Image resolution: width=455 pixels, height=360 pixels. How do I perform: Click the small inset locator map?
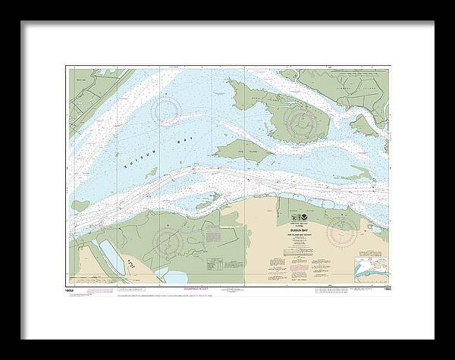pyautogui.click(x=370, y=267)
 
